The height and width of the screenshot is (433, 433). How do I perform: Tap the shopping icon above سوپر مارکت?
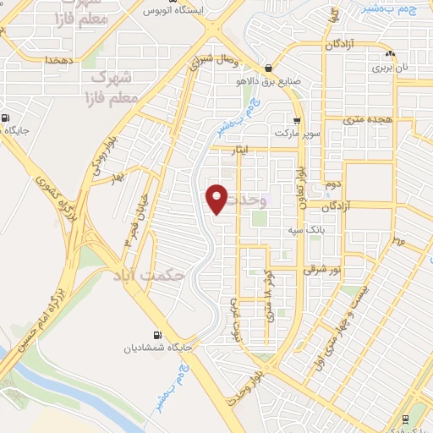[297, 121]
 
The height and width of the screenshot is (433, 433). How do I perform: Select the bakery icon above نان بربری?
[390, 52]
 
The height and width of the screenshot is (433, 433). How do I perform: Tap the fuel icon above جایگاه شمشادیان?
[156, 332]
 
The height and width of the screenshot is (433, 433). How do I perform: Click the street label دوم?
[332, 184]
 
